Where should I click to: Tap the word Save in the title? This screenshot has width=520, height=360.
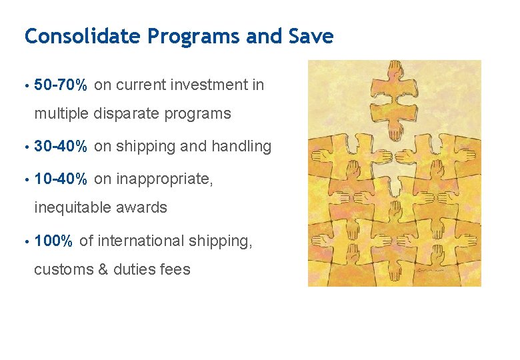tap(312, 36)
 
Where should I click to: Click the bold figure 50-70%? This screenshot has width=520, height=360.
tap(61, 85)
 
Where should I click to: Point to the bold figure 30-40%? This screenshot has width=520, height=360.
tap(61, 147)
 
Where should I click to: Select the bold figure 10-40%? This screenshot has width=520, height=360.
tap(61, 179)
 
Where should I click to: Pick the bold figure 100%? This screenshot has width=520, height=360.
tap(53, 241)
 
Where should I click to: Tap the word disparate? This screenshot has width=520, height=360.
tap(125, 114)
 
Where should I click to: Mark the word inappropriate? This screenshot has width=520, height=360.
tap(167, 179)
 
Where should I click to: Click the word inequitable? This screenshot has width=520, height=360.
tap(73, 208)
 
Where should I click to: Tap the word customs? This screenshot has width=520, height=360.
tap(61, 270)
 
